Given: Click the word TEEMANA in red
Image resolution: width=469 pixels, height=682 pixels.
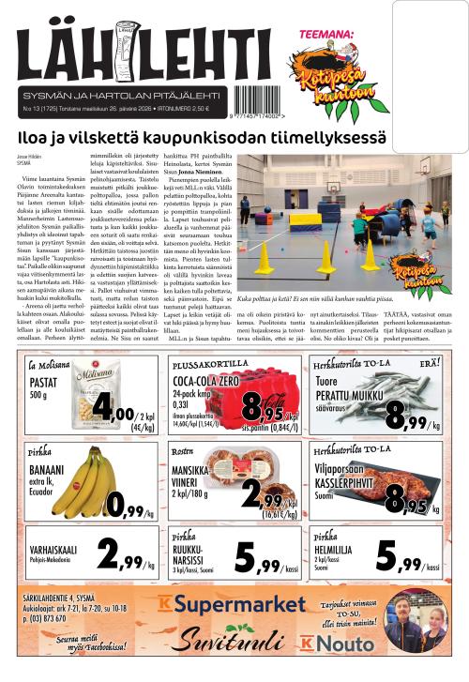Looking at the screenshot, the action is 321,36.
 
